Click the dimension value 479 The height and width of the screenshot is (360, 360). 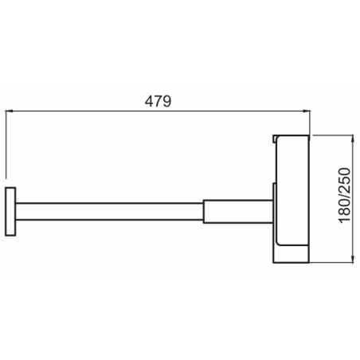point(158,101)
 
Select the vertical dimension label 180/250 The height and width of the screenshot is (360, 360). point(345,195)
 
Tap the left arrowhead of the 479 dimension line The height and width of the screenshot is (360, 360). point(9,111)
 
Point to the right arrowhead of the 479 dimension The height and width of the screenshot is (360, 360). point(307,111)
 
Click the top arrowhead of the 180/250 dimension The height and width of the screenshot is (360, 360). point(353,139)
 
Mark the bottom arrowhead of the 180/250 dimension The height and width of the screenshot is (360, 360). point(353,259)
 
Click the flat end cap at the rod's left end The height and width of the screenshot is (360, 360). point(10,212)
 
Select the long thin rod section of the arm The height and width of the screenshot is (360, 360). point(109,212)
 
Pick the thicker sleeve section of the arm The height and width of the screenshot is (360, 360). point(238,212)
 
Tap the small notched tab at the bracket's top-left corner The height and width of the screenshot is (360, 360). point(275,138)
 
